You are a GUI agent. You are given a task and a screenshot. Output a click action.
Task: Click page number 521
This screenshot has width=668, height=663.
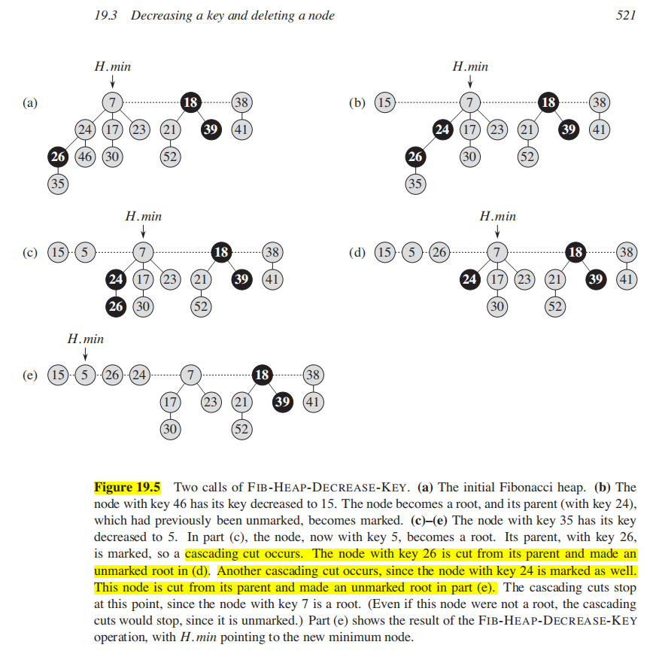pos(626,15)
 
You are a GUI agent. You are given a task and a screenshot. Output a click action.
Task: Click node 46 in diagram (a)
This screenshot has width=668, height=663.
pos(84,157)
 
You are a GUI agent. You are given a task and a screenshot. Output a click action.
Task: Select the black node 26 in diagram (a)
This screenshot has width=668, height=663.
pos(58,157)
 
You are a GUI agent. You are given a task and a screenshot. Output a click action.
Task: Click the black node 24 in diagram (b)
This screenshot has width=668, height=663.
pos(442,129)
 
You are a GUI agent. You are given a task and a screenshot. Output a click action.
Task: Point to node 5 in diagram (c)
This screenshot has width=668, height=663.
pos(84,252)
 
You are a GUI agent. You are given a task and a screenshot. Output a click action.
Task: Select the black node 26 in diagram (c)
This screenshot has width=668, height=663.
pos(115,306)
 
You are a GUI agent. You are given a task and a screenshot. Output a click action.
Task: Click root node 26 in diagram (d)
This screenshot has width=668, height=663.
pos(439,252)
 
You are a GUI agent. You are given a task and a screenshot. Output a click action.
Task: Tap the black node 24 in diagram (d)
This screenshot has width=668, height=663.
pos(469,280)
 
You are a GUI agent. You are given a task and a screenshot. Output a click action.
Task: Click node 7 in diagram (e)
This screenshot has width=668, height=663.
pos(191,374)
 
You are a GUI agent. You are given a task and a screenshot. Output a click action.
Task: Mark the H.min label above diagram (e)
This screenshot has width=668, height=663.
pos(85,339)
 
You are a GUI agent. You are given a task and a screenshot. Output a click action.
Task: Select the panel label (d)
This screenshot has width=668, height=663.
pos(357,252)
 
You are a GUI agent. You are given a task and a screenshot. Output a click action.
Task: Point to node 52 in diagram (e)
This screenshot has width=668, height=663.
pos(241,429)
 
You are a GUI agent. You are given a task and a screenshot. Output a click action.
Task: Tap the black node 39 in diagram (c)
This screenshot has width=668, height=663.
pos(241,280)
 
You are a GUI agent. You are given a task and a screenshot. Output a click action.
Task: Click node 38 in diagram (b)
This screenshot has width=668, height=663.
pos(600,102)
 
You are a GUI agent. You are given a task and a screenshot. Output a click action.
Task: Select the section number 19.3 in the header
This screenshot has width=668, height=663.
pos(103,15)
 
